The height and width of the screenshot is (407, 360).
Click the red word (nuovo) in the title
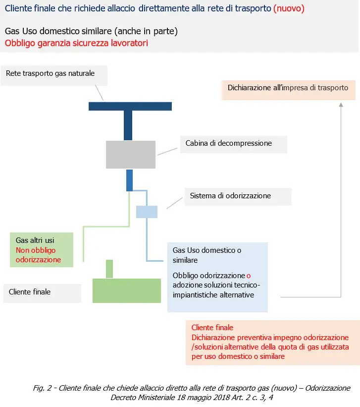click(289, 8)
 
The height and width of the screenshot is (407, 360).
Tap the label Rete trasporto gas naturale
click(50, 73)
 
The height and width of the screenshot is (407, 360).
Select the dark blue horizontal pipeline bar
click(130, 106)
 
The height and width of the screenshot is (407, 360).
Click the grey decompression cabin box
click(131, 154)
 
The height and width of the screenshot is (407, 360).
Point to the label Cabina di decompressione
click(228, 143)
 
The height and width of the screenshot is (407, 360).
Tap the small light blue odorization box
click(147, 212)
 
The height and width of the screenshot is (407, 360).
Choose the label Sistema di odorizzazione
click(230, 196)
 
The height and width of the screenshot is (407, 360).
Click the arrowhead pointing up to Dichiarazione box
click(341, 105)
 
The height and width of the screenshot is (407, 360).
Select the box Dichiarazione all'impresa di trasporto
click(288, 88)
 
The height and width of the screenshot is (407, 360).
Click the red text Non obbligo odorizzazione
click(38, 255)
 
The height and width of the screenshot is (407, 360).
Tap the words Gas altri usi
click(35, 240)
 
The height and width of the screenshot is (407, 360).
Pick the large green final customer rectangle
click(127, 290)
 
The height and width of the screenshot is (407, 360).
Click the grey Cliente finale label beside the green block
click(30, 292)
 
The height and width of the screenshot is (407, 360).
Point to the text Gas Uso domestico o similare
click(207, 255)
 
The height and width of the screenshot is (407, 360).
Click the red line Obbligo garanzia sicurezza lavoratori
click(76, 43)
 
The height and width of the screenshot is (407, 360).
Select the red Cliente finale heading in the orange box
click(212, 328)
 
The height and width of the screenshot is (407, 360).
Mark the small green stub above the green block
click(109, 269)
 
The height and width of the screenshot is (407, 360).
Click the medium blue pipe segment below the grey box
click(129, 180)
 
